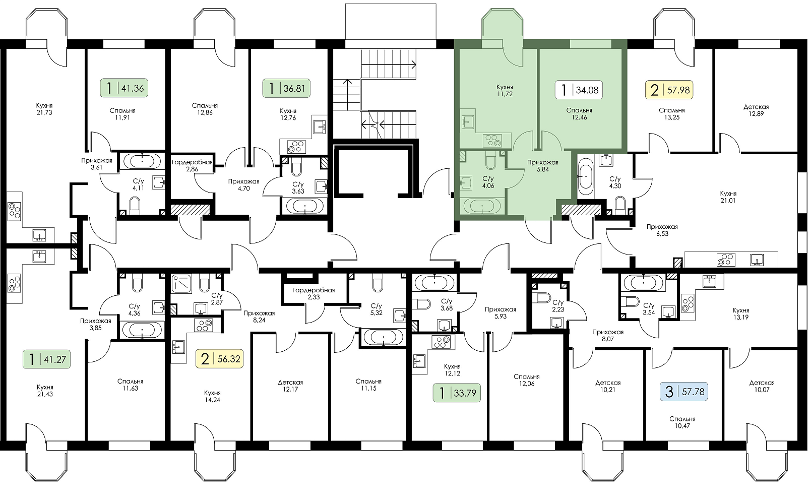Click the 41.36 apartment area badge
123,88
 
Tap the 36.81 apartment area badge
286,88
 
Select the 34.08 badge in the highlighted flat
579,90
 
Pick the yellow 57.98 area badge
669,90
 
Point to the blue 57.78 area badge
684,392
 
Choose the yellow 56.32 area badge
219,359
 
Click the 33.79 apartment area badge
457,392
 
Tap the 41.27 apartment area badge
47,359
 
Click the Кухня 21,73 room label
44,109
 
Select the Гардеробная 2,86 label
192,166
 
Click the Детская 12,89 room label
756,110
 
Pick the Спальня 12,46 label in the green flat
579,113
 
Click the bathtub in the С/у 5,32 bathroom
383,337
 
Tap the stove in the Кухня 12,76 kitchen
296,147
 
